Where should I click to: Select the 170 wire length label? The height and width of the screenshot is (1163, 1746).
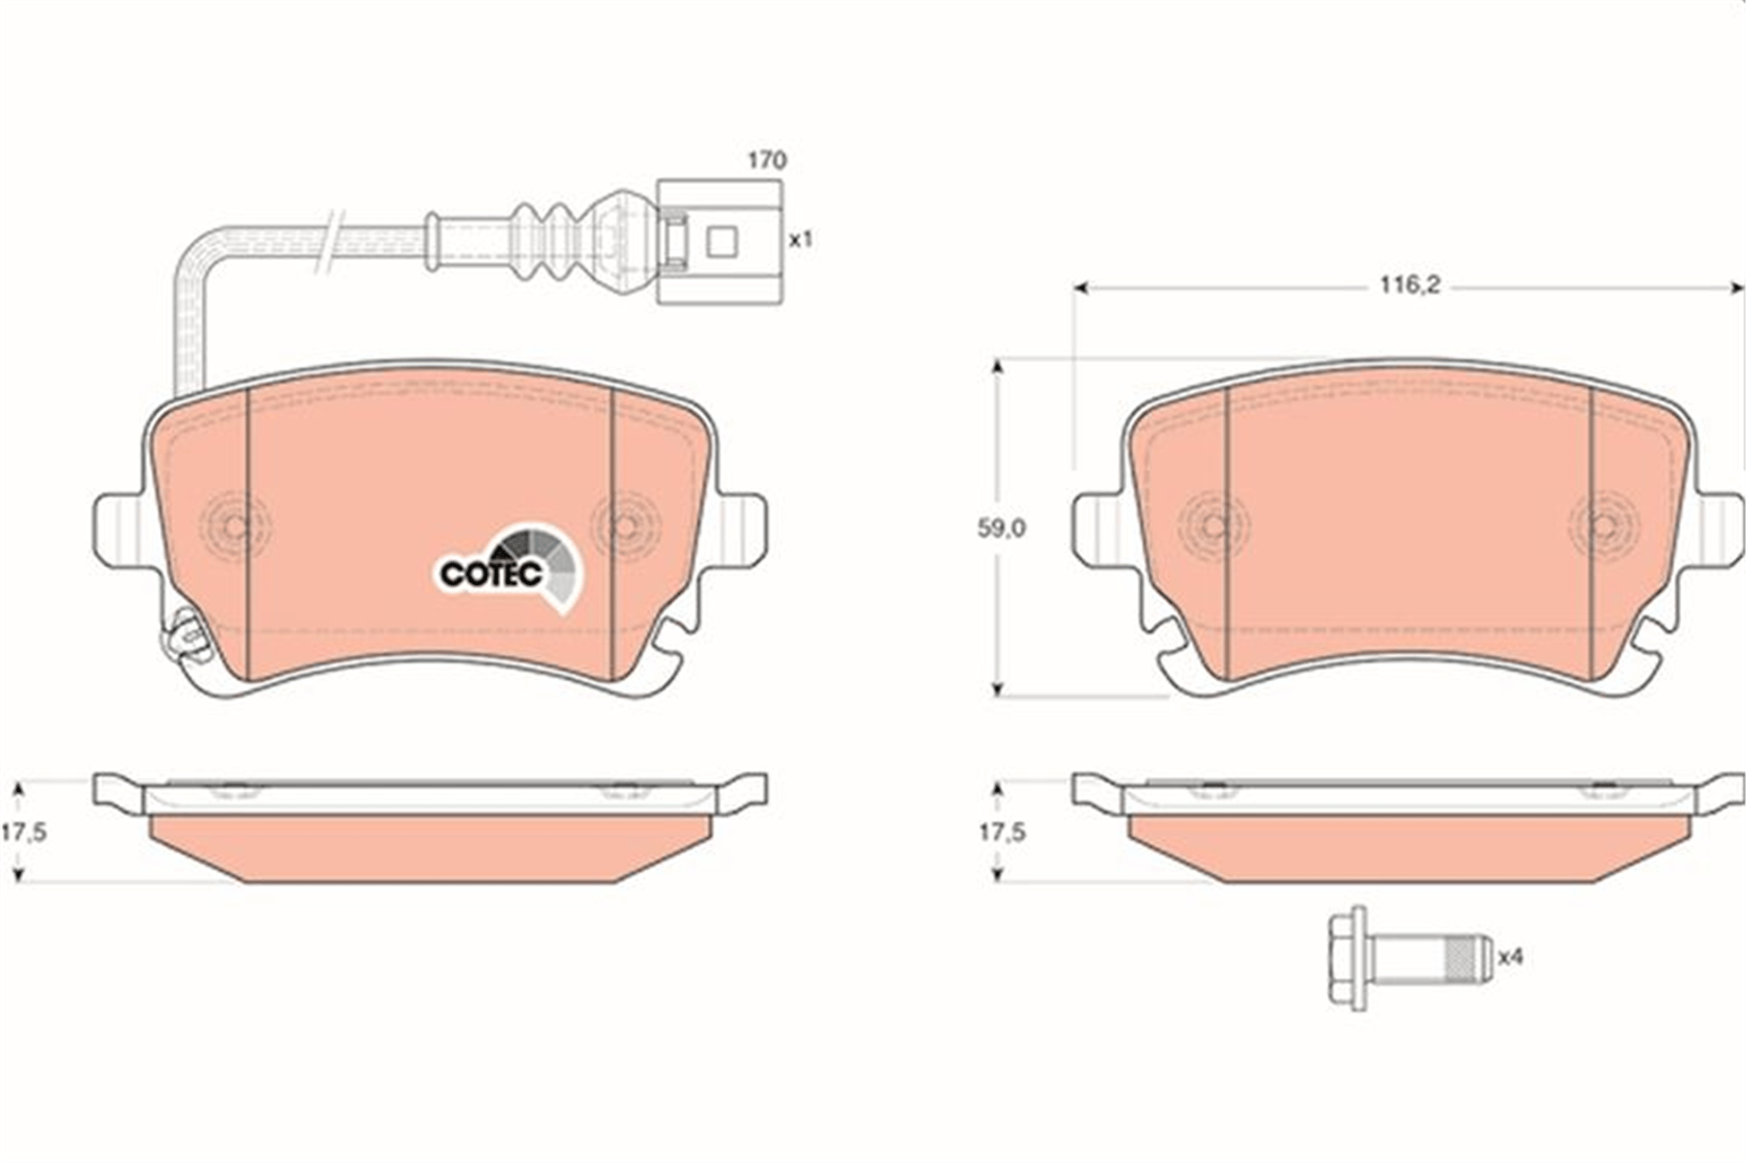coord(766,161)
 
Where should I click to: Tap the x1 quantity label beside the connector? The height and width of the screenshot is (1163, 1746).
coord(801,239)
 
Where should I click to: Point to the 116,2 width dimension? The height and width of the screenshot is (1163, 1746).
coord(1409,286)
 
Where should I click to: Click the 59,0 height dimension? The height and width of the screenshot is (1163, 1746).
coord(1001,528)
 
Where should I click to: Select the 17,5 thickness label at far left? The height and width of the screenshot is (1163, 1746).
coord(24,832)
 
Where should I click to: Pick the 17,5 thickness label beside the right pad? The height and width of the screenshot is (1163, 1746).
coord(1002,832)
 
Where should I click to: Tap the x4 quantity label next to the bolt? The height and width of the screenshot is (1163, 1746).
coord(1510,957)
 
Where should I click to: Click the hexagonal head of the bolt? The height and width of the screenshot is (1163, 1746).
coord(1348,958)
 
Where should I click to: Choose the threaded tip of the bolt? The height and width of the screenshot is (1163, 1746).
coord(1469,958)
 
